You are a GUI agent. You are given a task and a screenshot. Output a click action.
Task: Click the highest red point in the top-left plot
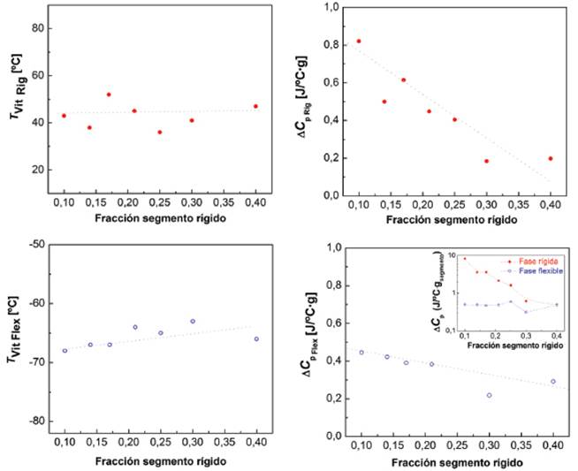(109, 95)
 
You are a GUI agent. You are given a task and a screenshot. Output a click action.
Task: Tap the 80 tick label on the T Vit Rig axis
(38, 27)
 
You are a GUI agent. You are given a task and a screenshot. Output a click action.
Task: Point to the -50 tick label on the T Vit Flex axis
(35, 245)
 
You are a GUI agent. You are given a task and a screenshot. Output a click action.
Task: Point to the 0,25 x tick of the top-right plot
(454, 205)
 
